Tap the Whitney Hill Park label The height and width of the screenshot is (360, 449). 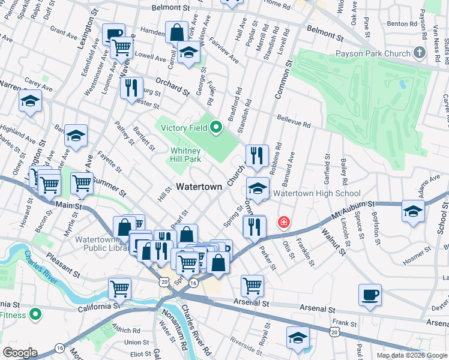185,155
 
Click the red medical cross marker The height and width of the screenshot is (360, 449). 283,223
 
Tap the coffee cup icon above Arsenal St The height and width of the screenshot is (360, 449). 370,295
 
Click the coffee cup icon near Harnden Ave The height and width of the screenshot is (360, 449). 113,34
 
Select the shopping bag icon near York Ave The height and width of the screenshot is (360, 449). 177,32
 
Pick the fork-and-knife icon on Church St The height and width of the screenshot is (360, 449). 257,155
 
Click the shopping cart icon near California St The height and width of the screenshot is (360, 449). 120,288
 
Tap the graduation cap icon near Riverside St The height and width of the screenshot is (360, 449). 298,337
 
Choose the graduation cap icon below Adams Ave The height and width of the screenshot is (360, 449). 413,211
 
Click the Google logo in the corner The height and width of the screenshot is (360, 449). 20,353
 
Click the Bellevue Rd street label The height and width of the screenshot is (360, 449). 294,122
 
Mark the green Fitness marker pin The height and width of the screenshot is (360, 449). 35,313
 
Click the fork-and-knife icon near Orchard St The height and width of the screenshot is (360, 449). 131,88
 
